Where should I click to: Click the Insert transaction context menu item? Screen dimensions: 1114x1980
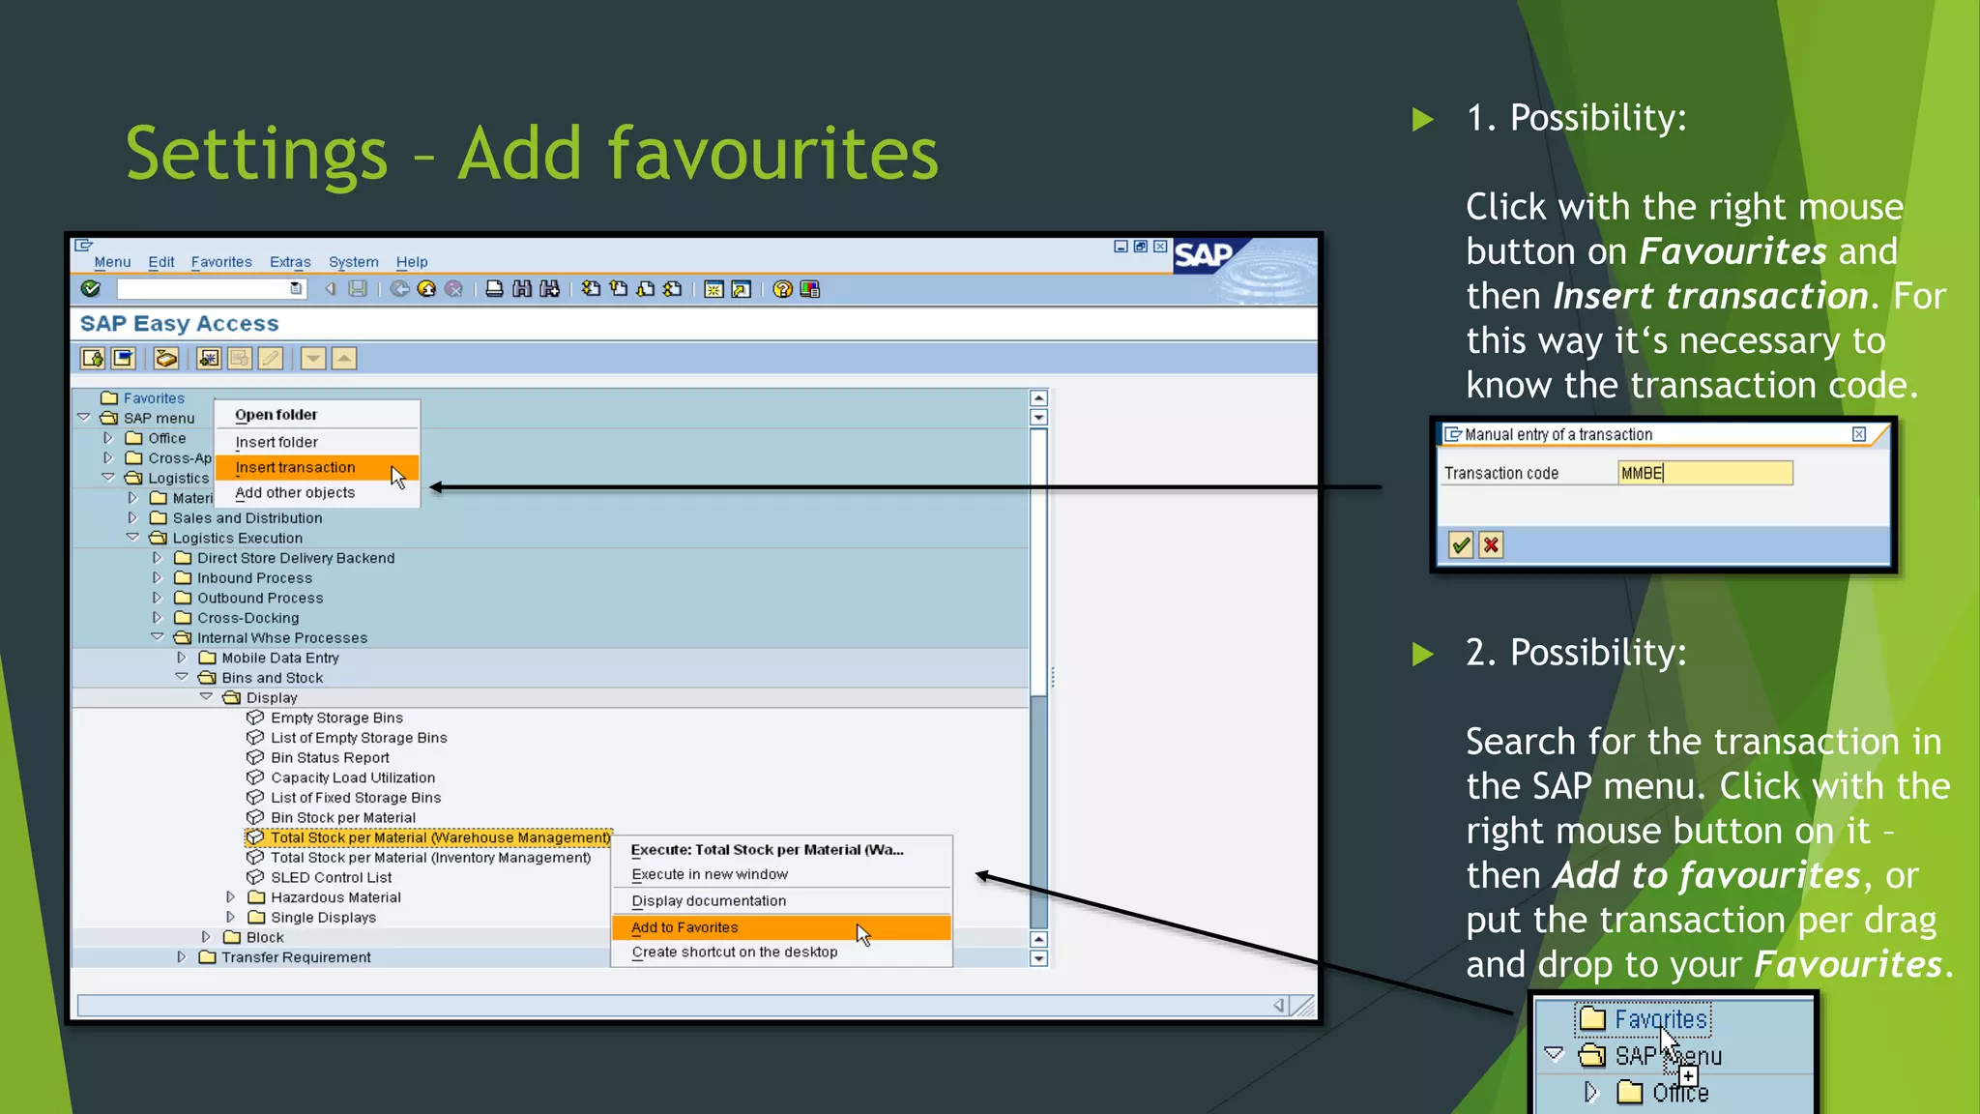[x=295, y=468]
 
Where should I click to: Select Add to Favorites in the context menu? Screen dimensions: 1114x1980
[x=684, y=928]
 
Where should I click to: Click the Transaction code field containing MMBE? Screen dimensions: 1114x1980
[x=1704, y=473]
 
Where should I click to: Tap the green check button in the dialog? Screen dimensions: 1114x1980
[x=1461, y=545]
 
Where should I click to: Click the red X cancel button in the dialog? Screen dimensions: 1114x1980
[x=1491, y=545]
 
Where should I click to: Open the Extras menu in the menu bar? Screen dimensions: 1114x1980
[x=290, y=262]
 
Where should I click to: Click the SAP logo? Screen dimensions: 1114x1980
[x=1204, y=256]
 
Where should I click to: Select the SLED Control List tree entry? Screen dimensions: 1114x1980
[x=331, y=878]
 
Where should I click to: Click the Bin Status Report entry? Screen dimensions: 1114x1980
[x=330, y=758]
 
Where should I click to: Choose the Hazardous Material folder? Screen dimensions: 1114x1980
[x=335, y=898]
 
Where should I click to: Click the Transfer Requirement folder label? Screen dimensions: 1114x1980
[x=296, y=958]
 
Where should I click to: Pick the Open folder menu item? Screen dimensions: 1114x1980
[x=276, y=415]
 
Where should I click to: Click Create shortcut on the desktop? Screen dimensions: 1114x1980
[x=734, y=953]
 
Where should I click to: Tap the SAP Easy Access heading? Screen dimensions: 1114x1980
[x=180, y=324]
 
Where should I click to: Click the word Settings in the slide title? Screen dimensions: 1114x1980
[x=257, y=154]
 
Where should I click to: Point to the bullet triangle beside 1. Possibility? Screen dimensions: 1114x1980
[x=1422, y=120]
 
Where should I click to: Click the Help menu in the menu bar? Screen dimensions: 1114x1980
[x=411, y=262]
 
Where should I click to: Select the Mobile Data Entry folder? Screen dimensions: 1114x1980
[x=280, y=659]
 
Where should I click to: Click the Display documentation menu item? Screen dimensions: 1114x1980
[x=709, y=901]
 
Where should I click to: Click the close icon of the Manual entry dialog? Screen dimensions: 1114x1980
[x=1858, y=435]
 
